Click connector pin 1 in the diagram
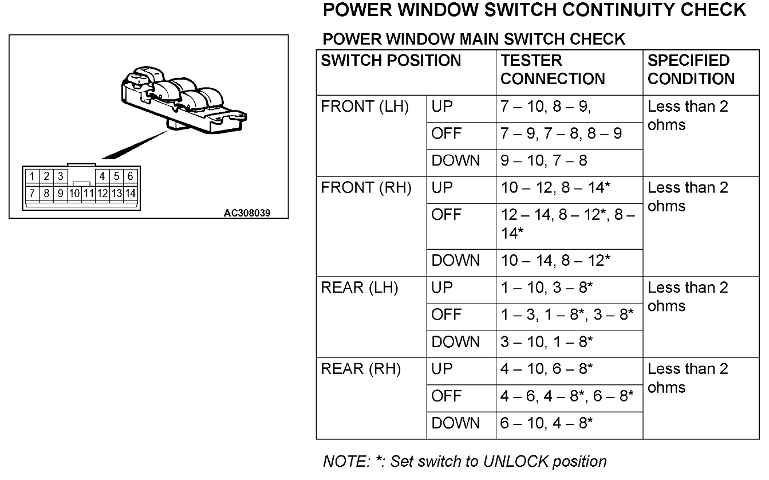[x=33, y=176]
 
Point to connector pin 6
[x=131, y=176]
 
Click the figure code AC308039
[x=247, y=213]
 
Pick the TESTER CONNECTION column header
[x=553, y=69]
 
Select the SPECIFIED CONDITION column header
[x=691, y=69]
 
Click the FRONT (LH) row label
[x=365, y=107]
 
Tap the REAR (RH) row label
[x=361, y=369]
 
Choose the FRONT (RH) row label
[x=366, y=188]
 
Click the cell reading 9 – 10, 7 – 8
[x=544, y=162]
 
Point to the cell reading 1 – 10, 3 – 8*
[x=547, y=288]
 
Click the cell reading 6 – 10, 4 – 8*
[x=547, y=424]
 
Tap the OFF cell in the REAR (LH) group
[x=446, y=315]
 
